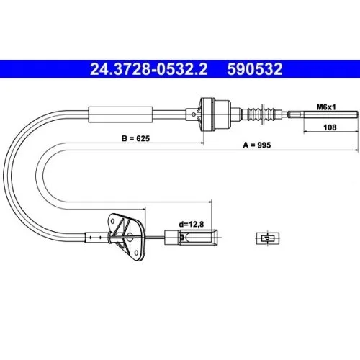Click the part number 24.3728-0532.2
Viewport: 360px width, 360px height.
[x=149, y=69]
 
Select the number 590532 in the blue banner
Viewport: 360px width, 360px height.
[x=255, y=69]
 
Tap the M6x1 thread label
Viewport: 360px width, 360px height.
[x=326, y=107]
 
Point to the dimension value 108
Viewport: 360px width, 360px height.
[x=330, y=127]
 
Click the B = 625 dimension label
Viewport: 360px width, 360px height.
[x=135, y=138]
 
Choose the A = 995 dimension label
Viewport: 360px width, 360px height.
[x=257, y=145]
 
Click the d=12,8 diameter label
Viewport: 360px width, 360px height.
[x=192, y=224]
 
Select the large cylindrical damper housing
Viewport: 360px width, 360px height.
[x=215, y=114]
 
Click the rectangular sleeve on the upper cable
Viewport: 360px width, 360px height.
[x=120, y=114]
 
